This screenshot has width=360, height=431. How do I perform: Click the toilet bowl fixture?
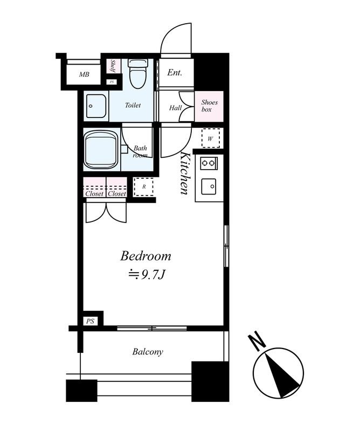point(139,73)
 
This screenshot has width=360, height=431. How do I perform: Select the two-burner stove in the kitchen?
point(209,163)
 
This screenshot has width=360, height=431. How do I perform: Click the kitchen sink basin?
point(209,186)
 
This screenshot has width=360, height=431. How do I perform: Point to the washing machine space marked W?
point(211,138)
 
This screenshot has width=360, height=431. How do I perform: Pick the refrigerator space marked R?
point(143,187)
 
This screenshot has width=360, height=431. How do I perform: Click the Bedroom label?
point(146,256)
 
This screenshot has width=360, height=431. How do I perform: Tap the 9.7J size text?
point(153,275)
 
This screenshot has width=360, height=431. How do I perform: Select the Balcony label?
point(148,352)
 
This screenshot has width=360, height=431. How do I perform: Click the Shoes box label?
point(209,106)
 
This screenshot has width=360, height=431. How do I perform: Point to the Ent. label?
point(175,73)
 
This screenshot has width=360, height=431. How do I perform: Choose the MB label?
point(84,74)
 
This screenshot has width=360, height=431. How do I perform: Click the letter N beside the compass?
point(258,342)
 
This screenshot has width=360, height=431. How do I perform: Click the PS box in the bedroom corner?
point(90,321)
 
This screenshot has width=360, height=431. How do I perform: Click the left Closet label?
point(94,194)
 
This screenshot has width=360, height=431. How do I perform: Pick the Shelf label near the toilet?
point(113,66)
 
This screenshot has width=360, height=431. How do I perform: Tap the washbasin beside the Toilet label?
point(96,106)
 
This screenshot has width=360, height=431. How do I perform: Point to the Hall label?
point(176,108)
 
